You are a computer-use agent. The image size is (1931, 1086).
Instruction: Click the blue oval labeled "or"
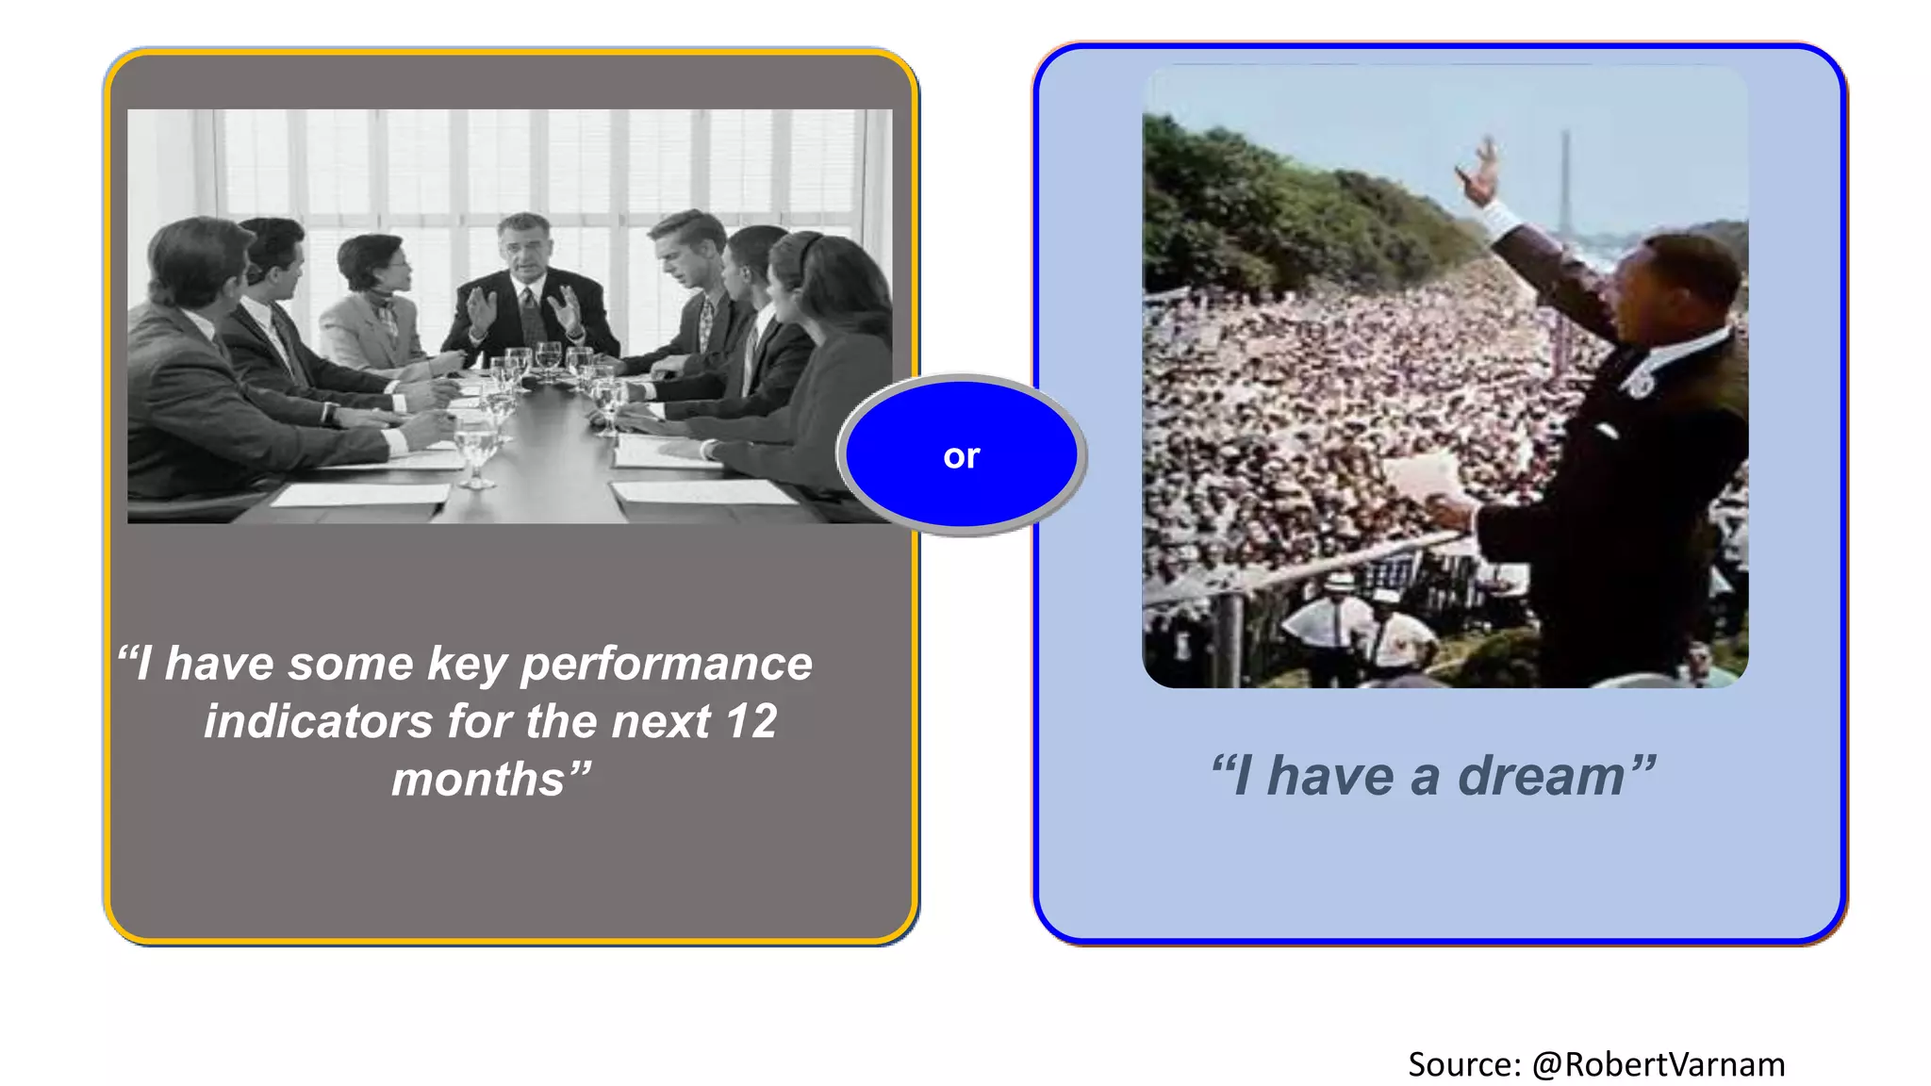tap(961, 456)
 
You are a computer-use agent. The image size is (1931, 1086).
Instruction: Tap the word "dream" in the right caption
tap(1541, 777)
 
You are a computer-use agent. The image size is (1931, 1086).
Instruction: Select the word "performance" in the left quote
tap(666, 664)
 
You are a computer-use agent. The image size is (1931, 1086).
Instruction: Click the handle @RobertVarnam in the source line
tap(1658, 1064)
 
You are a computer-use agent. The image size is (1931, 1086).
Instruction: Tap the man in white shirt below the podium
tap(1329, 622)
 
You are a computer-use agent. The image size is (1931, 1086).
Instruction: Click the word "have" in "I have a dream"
tap(1329, 777)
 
